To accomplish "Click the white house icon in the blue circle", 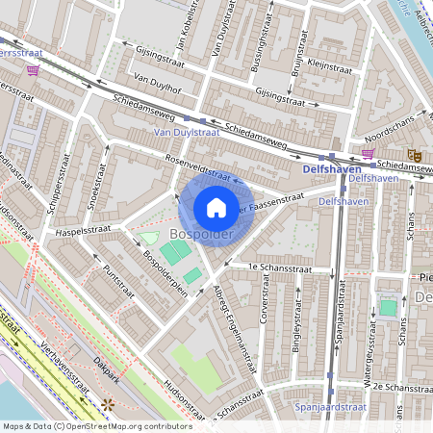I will point(216,207).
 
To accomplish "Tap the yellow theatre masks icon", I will point(414,154).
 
